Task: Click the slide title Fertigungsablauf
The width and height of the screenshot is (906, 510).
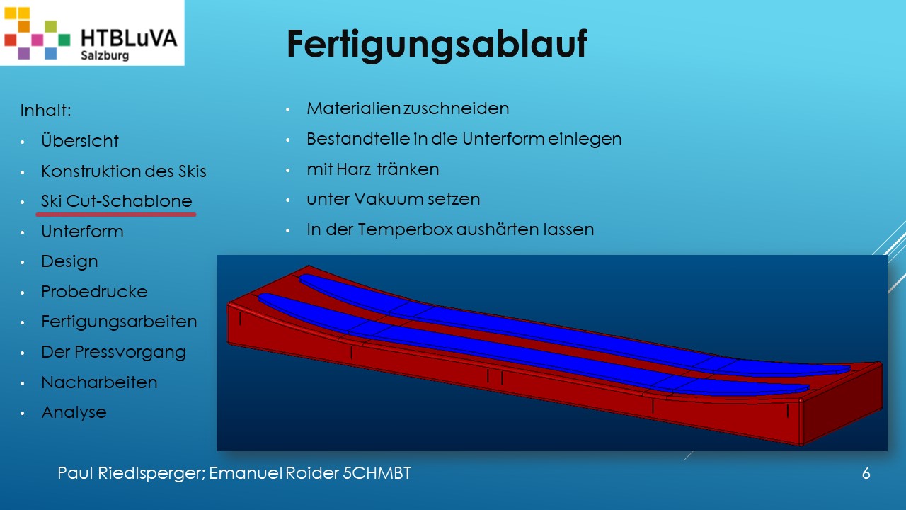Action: click(x=437, y=45)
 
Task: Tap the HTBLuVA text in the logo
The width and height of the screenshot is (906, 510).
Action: click(x=129, y=38)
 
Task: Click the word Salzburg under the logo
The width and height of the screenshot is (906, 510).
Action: click(x=105, y=55)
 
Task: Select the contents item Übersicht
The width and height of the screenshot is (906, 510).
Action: click(x=80, y=140)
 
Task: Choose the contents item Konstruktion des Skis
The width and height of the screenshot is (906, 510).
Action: click(x=124, y=171)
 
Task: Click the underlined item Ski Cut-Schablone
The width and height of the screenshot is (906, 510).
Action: click(x=117, y=200)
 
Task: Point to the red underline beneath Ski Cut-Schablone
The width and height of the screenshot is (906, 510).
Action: click(x=116, y=214)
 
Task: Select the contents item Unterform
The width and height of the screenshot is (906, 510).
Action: click(x=82, y=232)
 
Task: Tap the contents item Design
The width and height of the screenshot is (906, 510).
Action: click(x=69, y=262)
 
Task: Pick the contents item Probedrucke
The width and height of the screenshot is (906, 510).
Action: click(x=94, y=291)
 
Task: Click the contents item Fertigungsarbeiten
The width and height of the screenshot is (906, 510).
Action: click(x=119, y=322)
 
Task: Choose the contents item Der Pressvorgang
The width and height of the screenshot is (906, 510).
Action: click(x=114, y=352)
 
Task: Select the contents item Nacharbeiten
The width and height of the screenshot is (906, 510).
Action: click(x=99, y=382)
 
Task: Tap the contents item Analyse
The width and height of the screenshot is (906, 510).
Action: click(x=74, y=412)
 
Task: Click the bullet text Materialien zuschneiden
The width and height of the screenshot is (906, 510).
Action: click(x=408, y=108)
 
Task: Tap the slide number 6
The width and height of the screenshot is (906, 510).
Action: click(x=866, y=473)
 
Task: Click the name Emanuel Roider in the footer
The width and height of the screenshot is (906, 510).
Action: click(x=274, y=473)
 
